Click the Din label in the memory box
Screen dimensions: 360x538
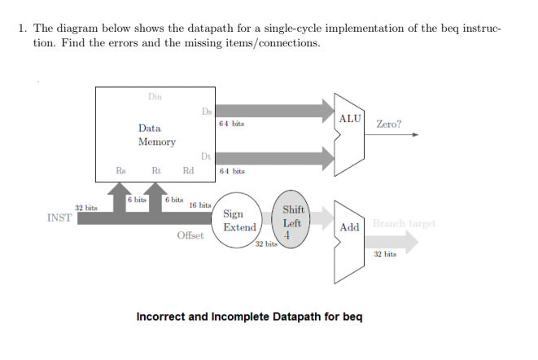coord(155,97)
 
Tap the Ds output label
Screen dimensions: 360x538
coord(207,112)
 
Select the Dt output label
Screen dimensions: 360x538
coord(205,156)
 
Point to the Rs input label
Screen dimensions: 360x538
coord(120,170)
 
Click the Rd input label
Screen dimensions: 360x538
coord(189,170)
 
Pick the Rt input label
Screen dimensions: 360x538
coord(155,170)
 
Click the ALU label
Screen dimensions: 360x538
coord(350,119)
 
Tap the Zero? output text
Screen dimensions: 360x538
coord(388,125)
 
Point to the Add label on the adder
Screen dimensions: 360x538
coord(350,227)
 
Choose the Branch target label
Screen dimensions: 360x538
coord(405,223)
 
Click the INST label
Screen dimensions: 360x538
coord(59,218)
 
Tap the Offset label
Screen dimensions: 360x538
coord(190,236)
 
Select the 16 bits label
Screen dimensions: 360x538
coord(200,205)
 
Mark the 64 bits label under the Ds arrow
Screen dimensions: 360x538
coord(232,124)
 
